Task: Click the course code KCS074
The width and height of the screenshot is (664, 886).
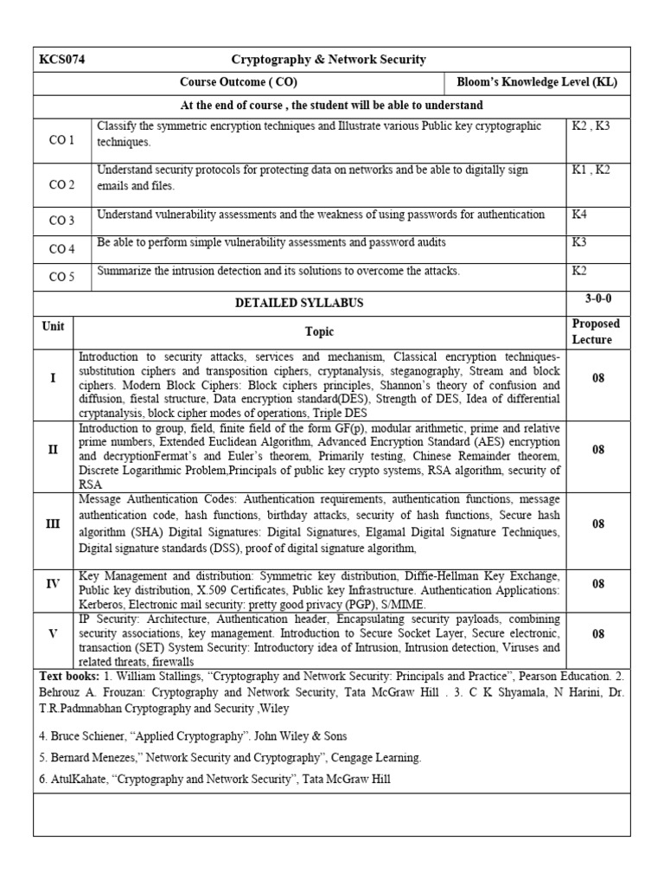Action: click(61, 60)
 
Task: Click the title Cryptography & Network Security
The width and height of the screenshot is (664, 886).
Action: click(328, 60)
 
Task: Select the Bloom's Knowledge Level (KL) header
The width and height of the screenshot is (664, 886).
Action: click(537, 83)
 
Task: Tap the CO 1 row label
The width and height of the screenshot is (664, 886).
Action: click(62, 140)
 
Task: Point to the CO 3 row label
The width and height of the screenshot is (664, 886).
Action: click(62, 221)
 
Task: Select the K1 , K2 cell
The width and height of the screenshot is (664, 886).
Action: click(591, 170)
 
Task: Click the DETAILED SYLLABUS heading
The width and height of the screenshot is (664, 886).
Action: click(299, 303)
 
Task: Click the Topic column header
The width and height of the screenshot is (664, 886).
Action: click(319, 331)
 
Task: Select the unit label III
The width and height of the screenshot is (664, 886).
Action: click(54, 524)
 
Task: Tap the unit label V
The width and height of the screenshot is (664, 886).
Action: click(54, 633)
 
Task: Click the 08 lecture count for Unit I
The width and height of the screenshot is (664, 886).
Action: click(597, 378)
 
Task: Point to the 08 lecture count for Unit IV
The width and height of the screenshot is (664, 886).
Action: click(597, 584)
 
